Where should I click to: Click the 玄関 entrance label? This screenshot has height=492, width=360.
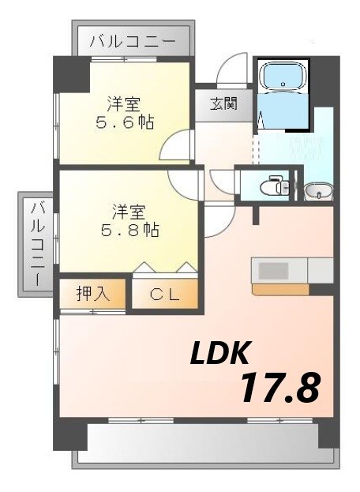tap(219, 103)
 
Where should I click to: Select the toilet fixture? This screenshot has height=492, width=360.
tap(272, 186)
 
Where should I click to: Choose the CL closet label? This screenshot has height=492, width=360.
tap(165, 296)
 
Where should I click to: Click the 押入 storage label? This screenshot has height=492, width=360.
tap(92, 295)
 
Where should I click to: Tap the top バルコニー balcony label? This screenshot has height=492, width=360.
tap(132, 40)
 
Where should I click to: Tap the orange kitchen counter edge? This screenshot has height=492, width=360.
tap(280, 288)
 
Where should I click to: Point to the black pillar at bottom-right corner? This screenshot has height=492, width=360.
tap(328, 434)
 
